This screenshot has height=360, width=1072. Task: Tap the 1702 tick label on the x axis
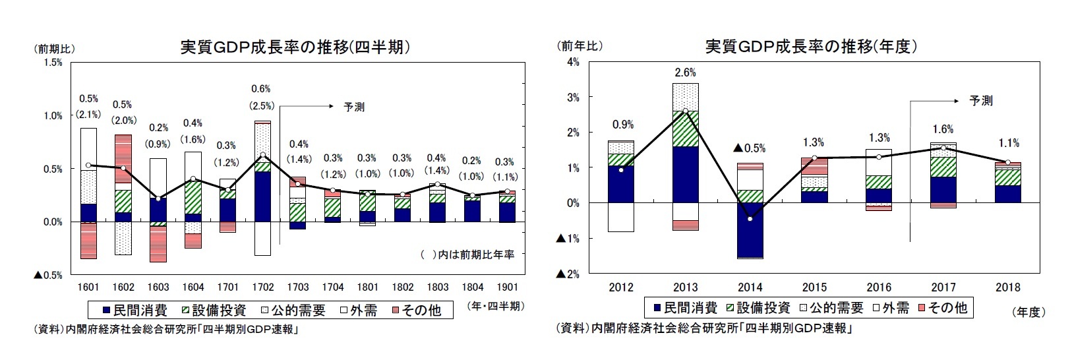click(263, 287)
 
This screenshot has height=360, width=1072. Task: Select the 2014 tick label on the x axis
click(750, 287)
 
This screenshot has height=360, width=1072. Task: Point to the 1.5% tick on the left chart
click(53, 63)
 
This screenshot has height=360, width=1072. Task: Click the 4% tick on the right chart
click(573, 63)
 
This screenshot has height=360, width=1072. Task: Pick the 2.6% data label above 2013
click(685, 73)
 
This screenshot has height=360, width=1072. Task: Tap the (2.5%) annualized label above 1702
click(262, 105)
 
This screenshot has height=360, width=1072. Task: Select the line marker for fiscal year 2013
click(686, 111)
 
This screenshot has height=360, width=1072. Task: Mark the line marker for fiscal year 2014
click(750, 218)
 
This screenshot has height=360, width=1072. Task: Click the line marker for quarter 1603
click(158, 198)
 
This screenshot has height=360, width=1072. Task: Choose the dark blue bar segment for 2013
click(686, 174)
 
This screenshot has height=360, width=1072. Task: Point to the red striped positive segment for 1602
click(123, 158)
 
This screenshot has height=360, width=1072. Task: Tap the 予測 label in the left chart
click(354, 106)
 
